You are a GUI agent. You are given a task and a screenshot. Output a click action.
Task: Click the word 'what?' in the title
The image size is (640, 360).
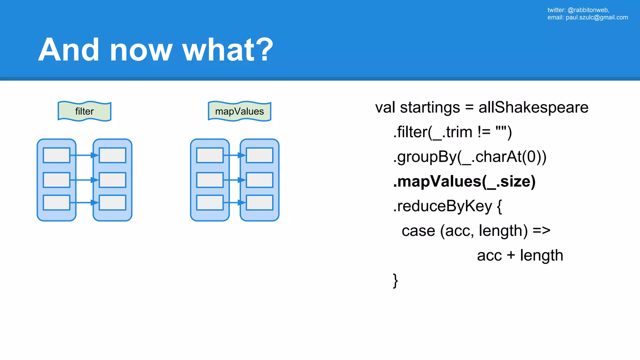tap(227, 50)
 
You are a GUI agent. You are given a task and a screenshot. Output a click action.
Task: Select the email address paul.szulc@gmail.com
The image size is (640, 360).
tap(597, 17)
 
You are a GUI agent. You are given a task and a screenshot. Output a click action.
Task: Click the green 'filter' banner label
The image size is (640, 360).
tap(84, 111)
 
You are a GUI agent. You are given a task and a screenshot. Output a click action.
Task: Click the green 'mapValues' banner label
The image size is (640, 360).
tap(239, 111)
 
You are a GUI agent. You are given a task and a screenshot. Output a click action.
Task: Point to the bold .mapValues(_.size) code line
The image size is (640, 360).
tap(464, 182)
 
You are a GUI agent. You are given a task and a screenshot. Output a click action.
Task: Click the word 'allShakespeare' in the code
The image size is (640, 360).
tap(533, 107)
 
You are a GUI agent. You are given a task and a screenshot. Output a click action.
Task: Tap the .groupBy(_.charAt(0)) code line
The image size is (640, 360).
tap(469, 157)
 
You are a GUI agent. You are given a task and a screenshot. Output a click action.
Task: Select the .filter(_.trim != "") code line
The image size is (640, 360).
tap(452, 132)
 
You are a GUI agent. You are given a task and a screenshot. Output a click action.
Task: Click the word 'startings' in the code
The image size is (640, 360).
tap(430, 107)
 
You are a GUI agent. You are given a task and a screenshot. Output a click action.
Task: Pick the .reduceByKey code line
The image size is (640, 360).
tap(447, 206)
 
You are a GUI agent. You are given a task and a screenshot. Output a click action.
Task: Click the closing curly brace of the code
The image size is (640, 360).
tap(395, 280)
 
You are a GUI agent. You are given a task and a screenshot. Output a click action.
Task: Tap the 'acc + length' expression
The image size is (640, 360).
tap(520, 256)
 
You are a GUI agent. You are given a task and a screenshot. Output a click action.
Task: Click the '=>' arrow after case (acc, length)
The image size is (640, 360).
tap(541, 231)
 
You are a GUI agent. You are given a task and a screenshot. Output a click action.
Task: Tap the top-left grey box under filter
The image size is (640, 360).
tap(57, 155)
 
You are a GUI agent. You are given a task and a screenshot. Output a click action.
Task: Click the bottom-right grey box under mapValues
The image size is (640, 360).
tap(259, 202)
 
